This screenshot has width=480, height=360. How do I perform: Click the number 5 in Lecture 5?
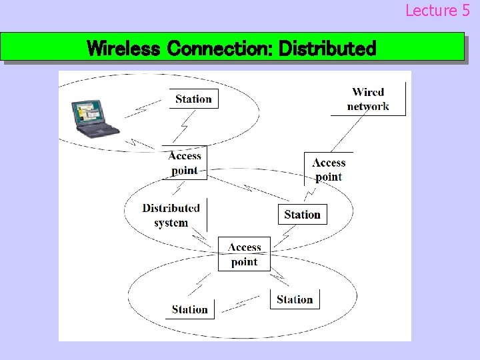click(465, 11)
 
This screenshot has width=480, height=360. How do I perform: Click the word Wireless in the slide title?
click(124, 49)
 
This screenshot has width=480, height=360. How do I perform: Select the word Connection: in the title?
click(220, 49)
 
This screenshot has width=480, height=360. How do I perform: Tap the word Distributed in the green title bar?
click(327, 49)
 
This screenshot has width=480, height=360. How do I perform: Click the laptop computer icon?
click(94, 118)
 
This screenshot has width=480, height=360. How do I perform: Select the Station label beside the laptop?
click(193, 99)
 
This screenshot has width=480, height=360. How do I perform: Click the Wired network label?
click(368, 99)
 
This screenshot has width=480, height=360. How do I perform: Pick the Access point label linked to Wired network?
click(329, 169)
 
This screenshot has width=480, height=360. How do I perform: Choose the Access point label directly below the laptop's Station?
click(185, 163)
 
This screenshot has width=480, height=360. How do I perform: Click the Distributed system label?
click(171, 215)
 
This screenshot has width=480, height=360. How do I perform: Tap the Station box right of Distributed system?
click(302, 214)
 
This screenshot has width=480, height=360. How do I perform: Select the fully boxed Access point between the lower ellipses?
click(244, 254)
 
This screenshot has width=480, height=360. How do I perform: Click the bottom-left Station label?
click(190, 309)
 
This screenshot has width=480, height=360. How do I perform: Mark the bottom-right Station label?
click(295, 299)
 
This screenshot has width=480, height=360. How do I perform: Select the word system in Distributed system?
click(171, 223)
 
